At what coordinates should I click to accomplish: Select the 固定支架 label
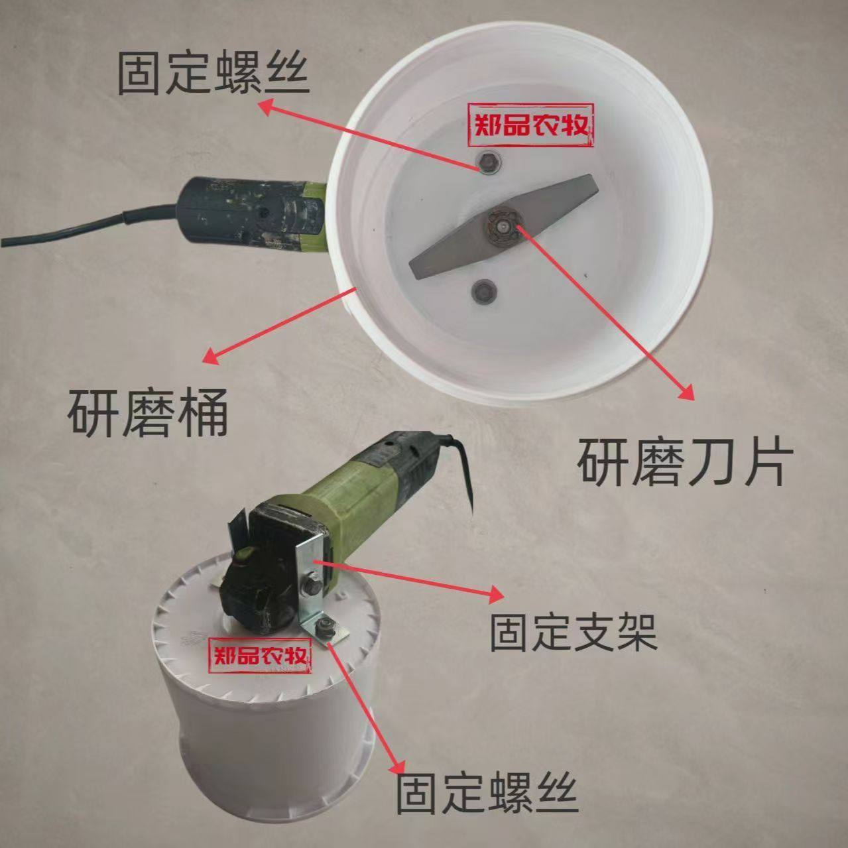click(573, 633)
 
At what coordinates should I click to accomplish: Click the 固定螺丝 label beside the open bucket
click(213, 74)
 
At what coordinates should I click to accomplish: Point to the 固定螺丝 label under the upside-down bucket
click(487, 792)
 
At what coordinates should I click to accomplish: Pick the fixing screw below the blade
click(482, 290)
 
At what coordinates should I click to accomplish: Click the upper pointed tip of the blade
click(584, 186)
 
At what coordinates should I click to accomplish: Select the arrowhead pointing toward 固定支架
click(495, 593)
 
